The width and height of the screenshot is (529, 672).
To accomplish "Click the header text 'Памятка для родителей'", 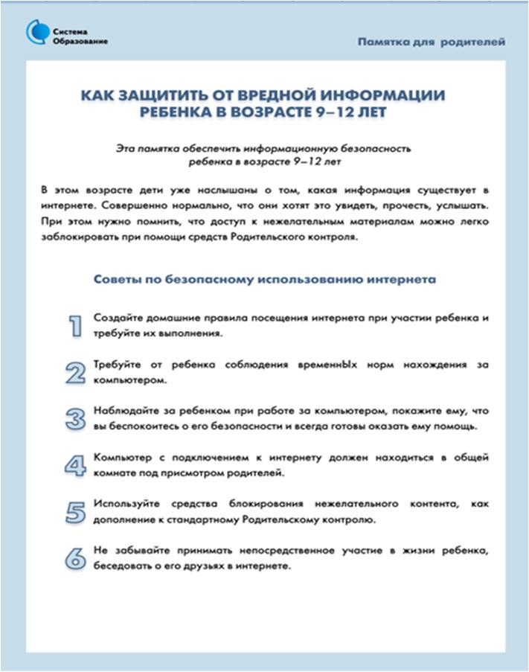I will click(x=432, y=42).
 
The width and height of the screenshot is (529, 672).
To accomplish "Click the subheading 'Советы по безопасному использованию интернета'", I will click(x=264, y=279).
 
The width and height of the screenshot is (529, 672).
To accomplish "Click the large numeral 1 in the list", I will click(x=74, y=326).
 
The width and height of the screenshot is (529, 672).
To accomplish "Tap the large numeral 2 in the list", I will click(x=74, y=372).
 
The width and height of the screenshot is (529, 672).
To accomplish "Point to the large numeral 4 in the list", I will click(x=74, y=465).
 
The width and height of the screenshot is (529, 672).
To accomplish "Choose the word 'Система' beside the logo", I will click(x=71, y=31).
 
